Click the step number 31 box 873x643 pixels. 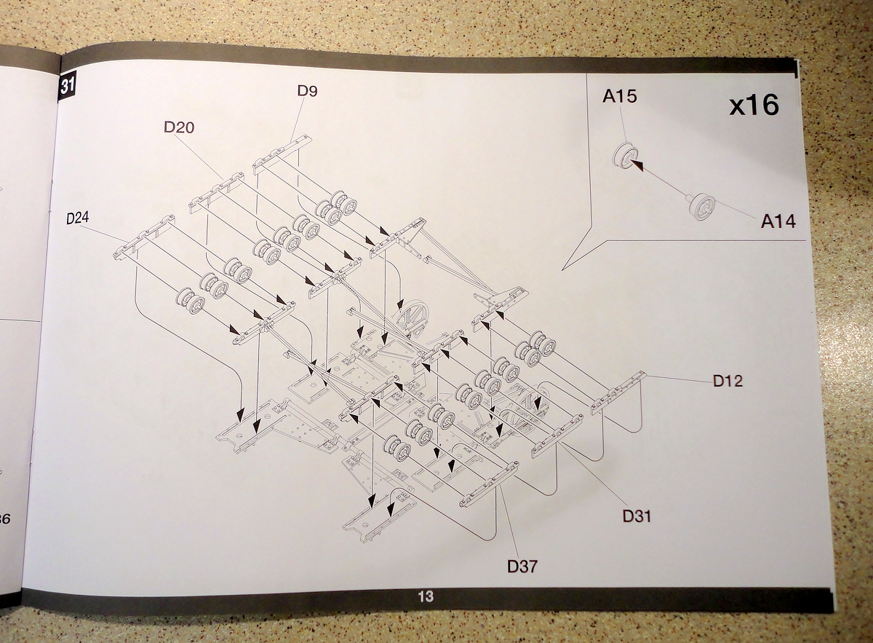[67, 86]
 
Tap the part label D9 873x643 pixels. [307, 91]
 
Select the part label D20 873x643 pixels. [179, 127]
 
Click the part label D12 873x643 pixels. [727, 380]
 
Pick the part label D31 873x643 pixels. [637, 516]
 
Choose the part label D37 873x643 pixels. [522, 566]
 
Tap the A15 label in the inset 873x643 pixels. [619, 97]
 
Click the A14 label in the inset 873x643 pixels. [778, 221]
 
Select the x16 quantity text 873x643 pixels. [754, 106]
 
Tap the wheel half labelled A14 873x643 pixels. [702, 206]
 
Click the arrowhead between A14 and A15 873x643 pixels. [637, 165]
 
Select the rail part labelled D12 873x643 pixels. [618, 393]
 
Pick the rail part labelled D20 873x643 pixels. [217, 192]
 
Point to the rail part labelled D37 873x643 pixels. [489, 484]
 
